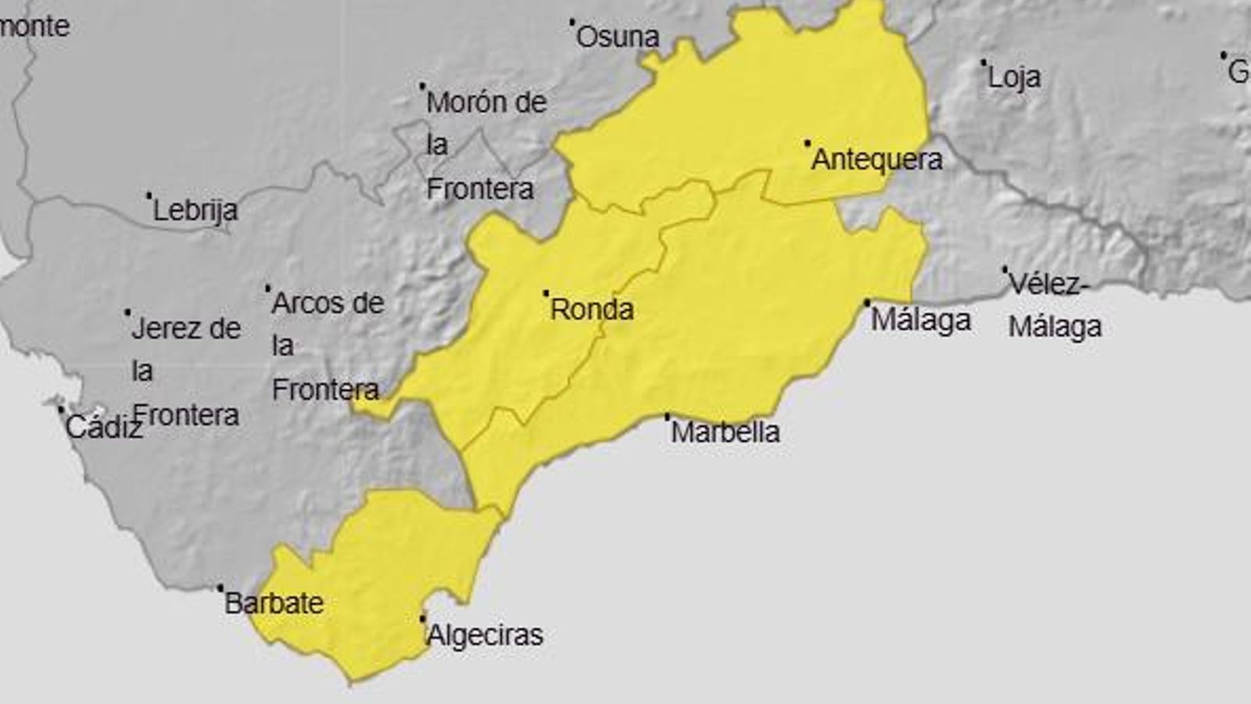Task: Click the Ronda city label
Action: pyautogui.click(x=592, y=310)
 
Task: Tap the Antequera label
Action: pyautogui.click(x=876, y=160)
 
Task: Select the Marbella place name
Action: pyautogui.click(x=725, y=432)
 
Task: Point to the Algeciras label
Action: pyautogui.click(x=485, y=635)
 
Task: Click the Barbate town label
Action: pyautogui.click(x=274, y=603)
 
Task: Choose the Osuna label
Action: pyautogui.click(x=618, y=37)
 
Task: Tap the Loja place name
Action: pyautogui.click(x=1014, y=77)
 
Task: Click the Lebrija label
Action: pyautogui.click(x=195, y=210)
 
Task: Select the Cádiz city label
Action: pyautogui.click(x=103, y=427)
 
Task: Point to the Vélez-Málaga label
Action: pyautogui.click(x=1054, y=305)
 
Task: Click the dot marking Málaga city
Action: pyautogui.click(x=866, y=303)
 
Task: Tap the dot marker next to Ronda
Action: pyautogui.click(x=546, y=293)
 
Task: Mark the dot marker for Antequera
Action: pyautogui.click(x=808, y=143)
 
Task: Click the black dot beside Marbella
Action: pyautogui.click(x=667, y=417)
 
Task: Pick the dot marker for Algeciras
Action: pyautogui.click(x=423, y=619)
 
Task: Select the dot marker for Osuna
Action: pyautogui.click(x=572, y=23)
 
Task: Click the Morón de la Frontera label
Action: pyautogui.click(x=486, y=145)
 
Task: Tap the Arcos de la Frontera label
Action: pyautogui.click(x=327, y=346)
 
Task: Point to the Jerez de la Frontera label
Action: pyautogui.click(x=185, y=372)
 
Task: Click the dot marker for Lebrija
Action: pyautogui.click(x=149, y=196)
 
